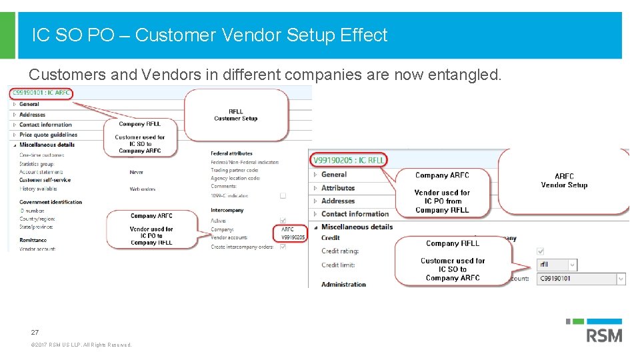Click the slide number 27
pos(34,332)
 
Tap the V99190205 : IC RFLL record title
pos(348,160)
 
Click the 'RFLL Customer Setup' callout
pos(236,115)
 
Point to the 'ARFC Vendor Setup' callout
pos(564,181)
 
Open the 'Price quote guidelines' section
pos(48,135)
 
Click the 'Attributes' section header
pos(338,188)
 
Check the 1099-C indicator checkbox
pos(283,196)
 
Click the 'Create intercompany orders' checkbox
pos(283,247)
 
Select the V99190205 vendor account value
pos(293,237)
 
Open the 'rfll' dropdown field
pos(557,265)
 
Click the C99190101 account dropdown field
pos(581,279)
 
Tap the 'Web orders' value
pos(143,189)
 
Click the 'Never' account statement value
pos(136,172)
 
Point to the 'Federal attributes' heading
pos(231,153)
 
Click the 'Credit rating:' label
pos(340,251)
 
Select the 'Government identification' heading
pos(51,202)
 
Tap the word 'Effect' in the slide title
pos(363,35)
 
